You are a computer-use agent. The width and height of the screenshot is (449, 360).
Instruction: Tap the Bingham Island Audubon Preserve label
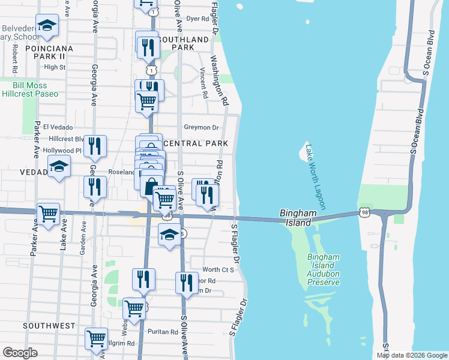pyautogui.click(x=324, y=265)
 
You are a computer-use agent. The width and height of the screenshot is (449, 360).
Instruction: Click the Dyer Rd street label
pyautogui.click(x=196, y=19)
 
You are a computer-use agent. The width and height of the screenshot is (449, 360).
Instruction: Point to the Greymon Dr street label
pyautogui.click(x=201, y=127)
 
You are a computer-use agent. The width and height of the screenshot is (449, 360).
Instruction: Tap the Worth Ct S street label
pyautogui.click(x=218, y=270)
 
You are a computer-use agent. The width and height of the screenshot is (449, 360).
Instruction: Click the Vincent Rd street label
pyautogui.click(x=203, y=83)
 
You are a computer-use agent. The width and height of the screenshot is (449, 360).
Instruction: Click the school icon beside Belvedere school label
pyautogui.click(x=47, y=25)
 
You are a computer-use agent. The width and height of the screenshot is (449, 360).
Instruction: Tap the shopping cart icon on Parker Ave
pyautogui.click(x=49, y=213)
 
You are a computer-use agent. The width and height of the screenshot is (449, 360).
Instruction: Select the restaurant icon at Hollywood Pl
pyautogui.click(x=95, y=146)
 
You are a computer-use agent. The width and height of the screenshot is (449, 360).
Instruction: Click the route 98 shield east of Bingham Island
pyautogui.click(x=364, y=212)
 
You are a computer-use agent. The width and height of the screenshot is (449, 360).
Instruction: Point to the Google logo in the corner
pyautogui.click(x=20, y=353)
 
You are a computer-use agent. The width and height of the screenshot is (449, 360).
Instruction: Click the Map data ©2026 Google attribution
pyautogui.click(x=412, y=355)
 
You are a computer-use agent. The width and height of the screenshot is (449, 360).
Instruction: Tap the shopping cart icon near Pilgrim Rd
pyautogui.click(x=96, y=338)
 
